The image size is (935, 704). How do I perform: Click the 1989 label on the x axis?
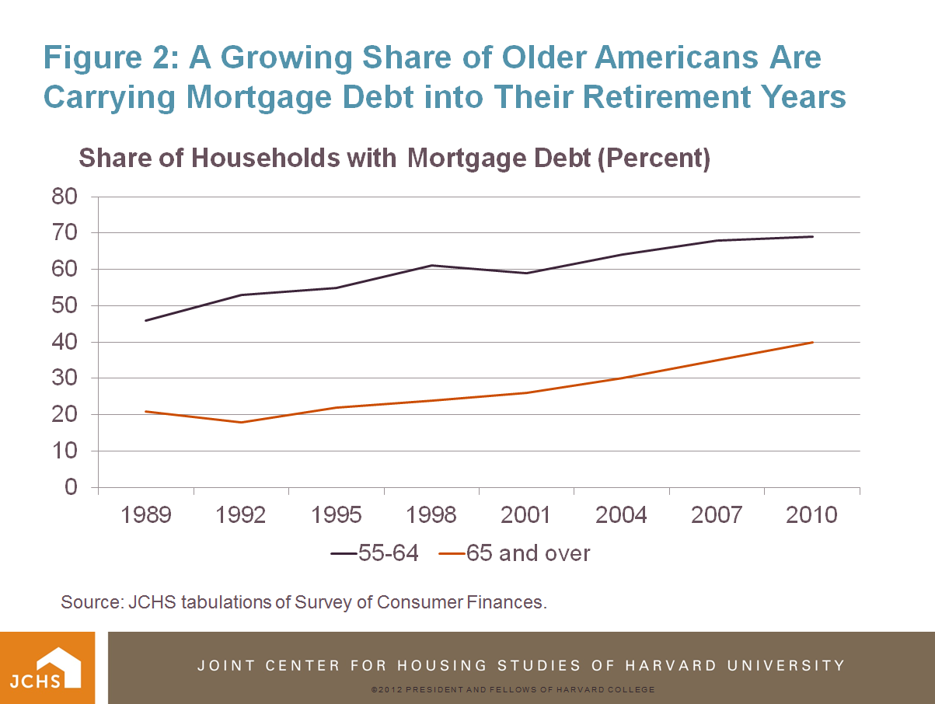click(145, 515)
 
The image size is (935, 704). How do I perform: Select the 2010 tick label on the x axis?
click(811, 515)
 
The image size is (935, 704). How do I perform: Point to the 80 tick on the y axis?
click(65, 197)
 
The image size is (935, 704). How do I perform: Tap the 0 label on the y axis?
click(72, 488)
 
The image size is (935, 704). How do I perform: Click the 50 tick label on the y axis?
click(65, 306)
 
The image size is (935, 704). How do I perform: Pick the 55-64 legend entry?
click(375, 553)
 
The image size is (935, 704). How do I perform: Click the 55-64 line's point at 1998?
click(431, 266)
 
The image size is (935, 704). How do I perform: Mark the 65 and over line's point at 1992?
click(241, 422)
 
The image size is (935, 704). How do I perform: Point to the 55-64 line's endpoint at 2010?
click(812, 236)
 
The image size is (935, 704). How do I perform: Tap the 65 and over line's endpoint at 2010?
click(812, 342)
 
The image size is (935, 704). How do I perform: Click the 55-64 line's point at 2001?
click(527, 273)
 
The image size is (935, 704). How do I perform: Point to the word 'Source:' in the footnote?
click(89, 602)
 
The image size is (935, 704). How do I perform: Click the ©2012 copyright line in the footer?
click(513, 690)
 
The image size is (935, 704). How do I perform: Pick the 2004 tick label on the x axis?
click(621, 515)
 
